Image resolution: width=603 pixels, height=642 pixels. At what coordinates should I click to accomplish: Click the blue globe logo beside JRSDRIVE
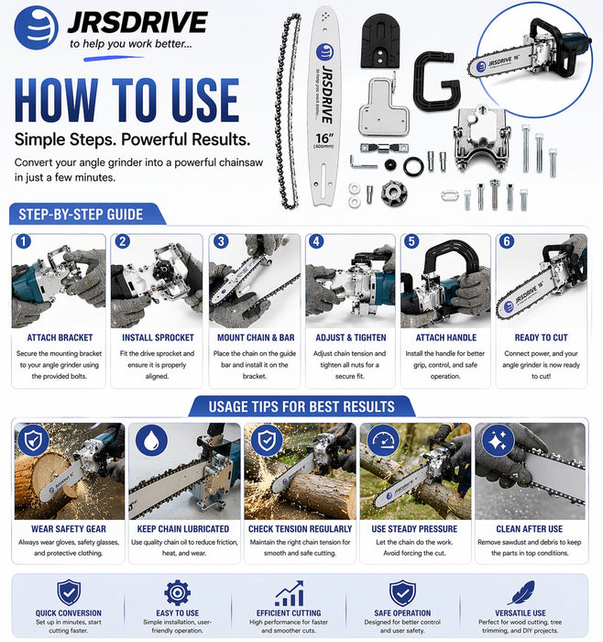pos(36,28)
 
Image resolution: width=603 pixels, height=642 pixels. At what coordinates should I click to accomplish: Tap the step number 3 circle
pos(221,241)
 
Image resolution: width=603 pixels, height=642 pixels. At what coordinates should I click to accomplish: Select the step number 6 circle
pos(507,241)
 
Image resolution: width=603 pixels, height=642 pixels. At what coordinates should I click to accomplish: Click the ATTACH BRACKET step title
pos(60,338)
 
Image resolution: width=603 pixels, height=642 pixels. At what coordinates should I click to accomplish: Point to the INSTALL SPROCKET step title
pos(158,338)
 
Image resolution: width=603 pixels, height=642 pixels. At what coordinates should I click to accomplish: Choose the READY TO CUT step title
pos(541,338)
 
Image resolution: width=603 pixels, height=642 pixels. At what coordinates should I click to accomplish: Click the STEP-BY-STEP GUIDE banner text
pos(81,215)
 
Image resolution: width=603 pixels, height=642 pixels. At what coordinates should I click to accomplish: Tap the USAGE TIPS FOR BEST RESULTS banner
pos(301,406)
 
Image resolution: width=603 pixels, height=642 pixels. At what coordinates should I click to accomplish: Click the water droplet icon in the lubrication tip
pos(151,440)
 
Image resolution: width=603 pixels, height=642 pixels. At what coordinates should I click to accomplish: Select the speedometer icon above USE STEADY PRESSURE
pos(383,440)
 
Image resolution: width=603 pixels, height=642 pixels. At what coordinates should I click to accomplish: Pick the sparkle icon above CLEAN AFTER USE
pos(498,440)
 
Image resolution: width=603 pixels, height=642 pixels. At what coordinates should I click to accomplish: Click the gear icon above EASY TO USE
pos(177,592)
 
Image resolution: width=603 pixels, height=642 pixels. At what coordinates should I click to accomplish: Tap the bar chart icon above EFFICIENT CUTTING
pos(290,593)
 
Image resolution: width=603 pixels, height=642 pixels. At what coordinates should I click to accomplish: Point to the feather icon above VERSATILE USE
pos(521,592)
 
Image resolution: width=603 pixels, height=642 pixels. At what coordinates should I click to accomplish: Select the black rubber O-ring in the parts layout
pos(413,166)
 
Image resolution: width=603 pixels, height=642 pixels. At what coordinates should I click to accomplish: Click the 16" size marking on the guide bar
pos(324,138)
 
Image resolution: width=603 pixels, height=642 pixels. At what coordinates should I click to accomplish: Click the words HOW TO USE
pos(126,101)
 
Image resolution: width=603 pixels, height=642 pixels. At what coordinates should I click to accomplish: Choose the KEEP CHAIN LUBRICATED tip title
pos(183,529)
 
